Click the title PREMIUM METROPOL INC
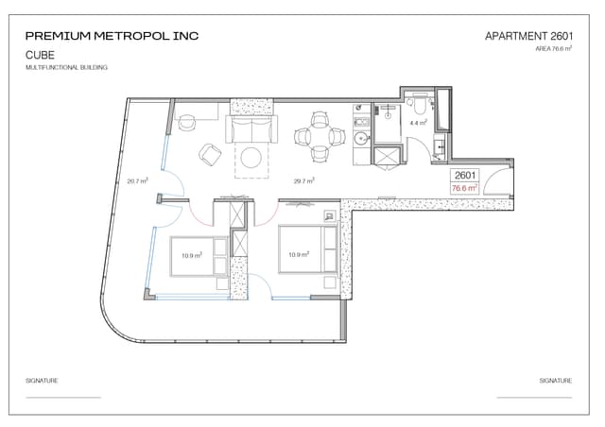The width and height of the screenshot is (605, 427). point(112,36)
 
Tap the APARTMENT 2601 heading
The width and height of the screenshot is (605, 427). point(528,36)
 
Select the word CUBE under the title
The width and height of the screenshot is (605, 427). point(40,55)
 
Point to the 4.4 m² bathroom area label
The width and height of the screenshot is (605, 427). point(418,123)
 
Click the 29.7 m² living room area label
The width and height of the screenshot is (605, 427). point(304,180)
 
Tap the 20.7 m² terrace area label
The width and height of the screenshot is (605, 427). point(138,180)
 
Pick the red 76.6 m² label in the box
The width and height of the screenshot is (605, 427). point(464,188)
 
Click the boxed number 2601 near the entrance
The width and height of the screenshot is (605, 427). point(465,175)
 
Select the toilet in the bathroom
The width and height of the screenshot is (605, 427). point(419,104)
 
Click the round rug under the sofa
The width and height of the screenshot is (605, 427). point(251,158)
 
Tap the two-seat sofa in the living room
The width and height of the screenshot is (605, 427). point(251,128)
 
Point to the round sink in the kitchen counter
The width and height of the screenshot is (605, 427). point(362,137)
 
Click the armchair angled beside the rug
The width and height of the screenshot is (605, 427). point(210,155)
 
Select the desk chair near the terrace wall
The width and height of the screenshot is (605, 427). point(187,122)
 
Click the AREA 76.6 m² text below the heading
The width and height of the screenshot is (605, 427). point(554,48)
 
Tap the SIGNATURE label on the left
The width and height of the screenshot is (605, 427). point(42,381)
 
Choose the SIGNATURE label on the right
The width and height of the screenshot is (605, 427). point(556,381)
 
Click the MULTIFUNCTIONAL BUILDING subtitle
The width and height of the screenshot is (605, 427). point(66,67)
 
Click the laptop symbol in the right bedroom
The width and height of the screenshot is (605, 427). point(329,216)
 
